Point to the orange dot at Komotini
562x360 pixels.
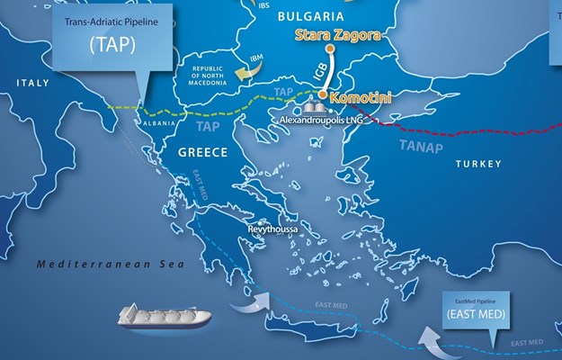click(x=322, y=92)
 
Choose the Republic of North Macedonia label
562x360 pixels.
click(x=205, y=78)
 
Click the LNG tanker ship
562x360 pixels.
click(x=166, y=316)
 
